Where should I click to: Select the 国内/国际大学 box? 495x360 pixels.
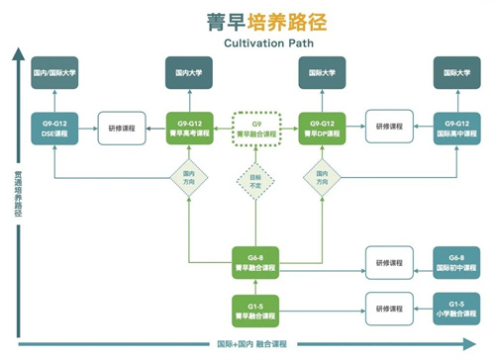(54, 72)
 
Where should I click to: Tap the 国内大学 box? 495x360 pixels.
(188, 72)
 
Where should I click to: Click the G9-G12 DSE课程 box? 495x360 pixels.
(54, 129)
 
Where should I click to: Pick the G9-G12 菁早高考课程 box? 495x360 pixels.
(188, 129)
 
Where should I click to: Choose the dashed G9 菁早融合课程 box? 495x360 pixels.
(253, 129)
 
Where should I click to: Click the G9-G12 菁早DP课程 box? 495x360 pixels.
(320, 129)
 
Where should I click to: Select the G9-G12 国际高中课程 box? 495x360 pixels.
(454, 129)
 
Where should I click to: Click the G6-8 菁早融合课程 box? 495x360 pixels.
(253, 262)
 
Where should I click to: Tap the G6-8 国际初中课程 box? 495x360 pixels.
(454, 262)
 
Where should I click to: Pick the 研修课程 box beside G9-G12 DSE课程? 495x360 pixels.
(120, 129)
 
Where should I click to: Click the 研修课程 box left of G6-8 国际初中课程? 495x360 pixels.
(387, 262)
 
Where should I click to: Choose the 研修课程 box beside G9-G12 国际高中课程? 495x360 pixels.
(387, 129)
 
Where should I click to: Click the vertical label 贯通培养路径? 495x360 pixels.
(17, 194)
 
